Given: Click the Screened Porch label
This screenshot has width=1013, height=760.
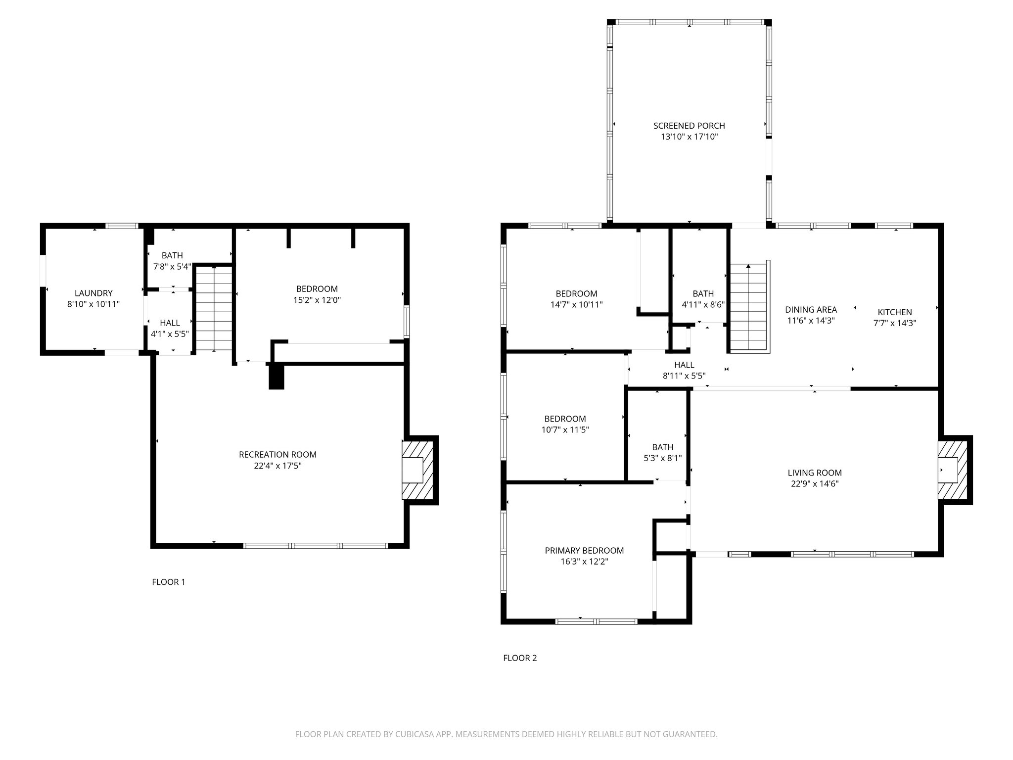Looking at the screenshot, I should pos(689,126).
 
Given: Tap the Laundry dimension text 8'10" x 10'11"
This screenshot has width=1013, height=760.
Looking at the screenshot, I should pos(93,304).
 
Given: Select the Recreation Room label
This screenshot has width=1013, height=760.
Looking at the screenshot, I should pos(277,454).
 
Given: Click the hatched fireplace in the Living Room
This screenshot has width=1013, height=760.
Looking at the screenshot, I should pos(953,470).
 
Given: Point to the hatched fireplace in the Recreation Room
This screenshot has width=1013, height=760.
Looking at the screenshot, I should pos(418,470).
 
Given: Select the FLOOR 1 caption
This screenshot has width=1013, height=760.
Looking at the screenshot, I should pos(168,582).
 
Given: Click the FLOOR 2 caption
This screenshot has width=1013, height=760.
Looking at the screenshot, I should pos(520,658).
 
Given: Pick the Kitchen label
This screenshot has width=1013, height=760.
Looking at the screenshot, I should pos(894,312).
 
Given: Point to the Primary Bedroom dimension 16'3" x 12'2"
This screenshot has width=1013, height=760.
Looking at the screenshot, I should pos(584,562).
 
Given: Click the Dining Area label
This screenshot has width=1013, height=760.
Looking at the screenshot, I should pos(811,310).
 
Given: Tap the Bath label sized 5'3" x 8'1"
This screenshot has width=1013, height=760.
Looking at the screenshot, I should pos(662,447).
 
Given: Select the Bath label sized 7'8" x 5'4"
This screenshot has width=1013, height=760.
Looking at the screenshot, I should pos(172,255).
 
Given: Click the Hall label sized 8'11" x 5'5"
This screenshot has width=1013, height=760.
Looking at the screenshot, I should pos(684,365).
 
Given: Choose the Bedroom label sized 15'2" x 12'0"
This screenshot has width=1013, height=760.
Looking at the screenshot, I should pos(317,288).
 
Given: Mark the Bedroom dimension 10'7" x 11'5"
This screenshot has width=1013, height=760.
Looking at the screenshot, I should pos(565,430).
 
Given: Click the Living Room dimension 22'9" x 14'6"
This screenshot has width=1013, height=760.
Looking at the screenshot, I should pos(814,484).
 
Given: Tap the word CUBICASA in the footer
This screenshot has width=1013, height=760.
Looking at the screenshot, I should pos(413,735).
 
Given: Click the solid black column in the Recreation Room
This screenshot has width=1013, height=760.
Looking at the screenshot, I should pos(276,376).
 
